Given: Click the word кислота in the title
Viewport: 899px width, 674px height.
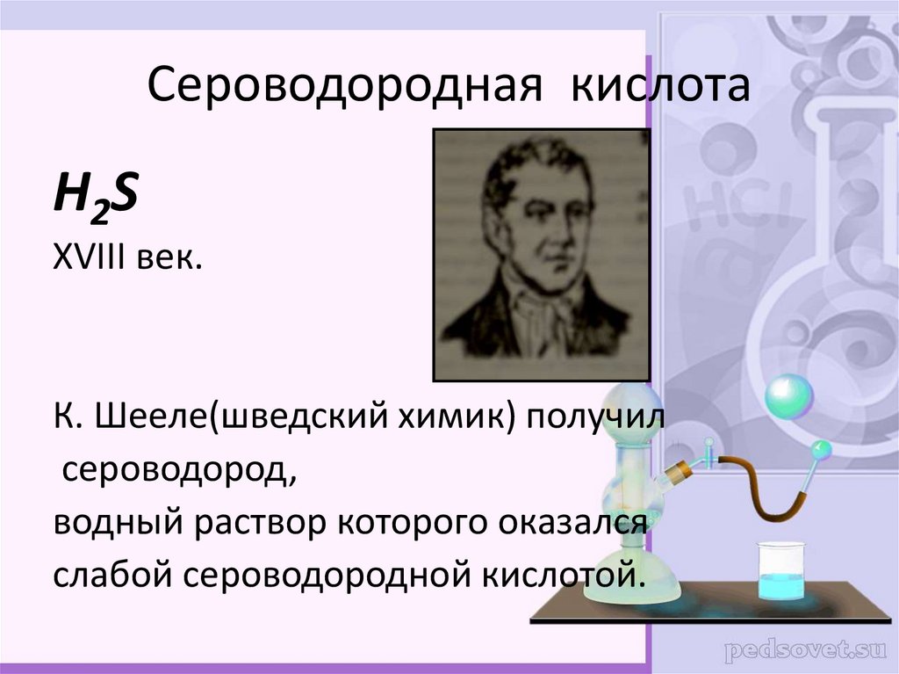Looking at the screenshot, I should (663, 89).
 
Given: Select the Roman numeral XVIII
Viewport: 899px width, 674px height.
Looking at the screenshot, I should (89, 259).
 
